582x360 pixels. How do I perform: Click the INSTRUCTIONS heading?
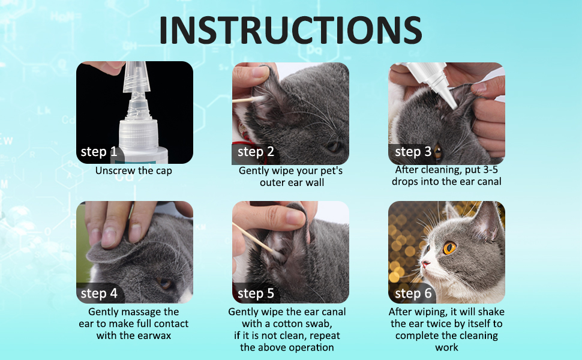(x=290, y=30)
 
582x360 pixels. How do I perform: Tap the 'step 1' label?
(x=99, y=151)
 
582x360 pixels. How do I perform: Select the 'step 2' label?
(x=256, y=151)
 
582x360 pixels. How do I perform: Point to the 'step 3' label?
(x=413, y=151)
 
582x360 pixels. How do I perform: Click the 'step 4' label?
(x=99, y=293)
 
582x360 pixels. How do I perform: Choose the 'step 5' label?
(x=256, y=293)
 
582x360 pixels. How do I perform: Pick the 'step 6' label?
(x=413, y=293)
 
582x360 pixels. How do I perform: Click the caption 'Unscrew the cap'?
(x=134, y=171)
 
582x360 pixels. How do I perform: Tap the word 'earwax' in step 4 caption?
(x=153, y=335)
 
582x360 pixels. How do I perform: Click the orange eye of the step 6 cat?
(x=449, y=248)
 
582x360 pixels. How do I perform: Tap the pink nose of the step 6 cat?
(x=425, y=264)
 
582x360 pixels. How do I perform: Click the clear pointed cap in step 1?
(x=137, y=77)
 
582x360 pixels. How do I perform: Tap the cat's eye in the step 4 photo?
(x=164, y=284)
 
